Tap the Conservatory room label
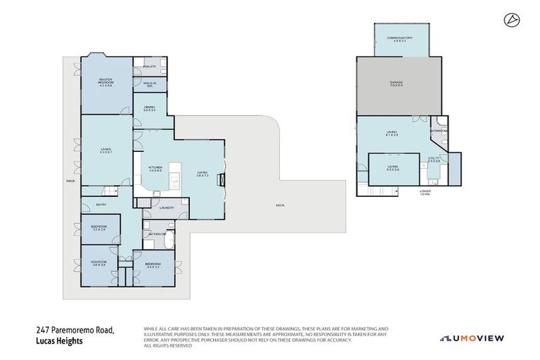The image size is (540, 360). [x=398, y=39]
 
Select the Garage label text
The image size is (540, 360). [x=397, y=84]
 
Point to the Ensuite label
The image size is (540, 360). [x=149, y=67]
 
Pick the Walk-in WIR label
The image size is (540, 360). [x=149, y=84]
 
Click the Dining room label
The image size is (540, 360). [x=149, y=108]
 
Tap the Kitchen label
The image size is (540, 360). [x=155, y=169]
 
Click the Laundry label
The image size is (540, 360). [x=167, y=208]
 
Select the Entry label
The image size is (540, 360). [x=101, y=205]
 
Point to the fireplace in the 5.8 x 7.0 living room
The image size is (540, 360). [x=223, y=179]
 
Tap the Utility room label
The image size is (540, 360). [x=435, y=160]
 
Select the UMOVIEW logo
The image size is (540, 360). [x=472, y=338]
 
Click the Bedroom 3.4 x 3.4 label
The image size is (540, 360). [x=154, y=264]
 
